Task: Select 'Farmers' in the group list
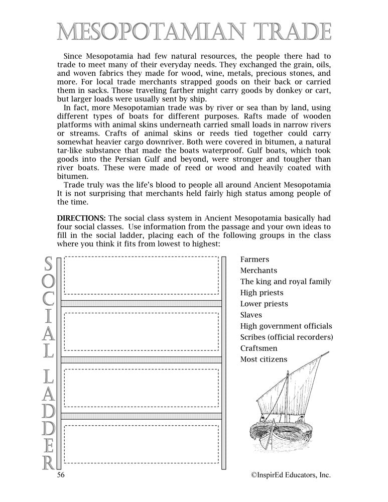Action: tap(254, 260)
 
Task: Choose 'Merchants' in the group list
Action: tap(258, 271)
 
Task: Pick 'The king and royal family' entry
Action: tap(285, 282)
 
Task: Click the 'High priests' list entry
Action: tap(262, 293)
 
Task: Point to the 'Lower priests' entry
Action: tap(264, 304)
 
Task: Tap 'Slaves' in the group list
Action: tap(251, 315)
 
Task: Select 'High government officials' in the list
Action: tap(286, 326)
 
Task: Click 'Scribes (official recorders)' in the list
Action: tap(287, 337)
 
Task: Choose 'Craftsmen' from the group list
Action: tap(258, 348)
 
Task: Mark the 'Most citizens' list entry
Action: tap(264, 359)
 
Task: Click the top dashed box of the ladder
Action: tap(141, 275)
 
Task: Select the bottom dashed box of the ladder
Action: tap(141, 444)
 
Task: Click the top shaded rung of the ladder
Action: tap(141, 303)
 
